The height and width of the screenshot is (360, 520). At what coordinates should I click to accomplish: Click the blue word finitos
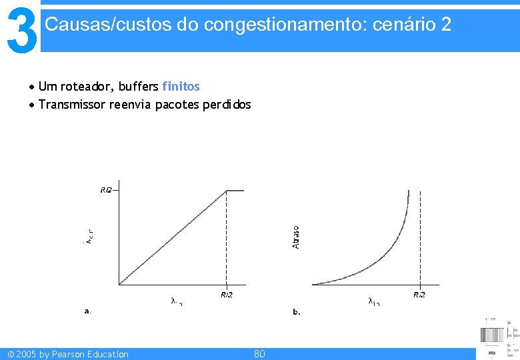coord(181,87)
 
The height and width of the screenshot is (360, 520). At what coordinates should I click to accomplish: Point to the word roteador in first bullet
coord(89,87)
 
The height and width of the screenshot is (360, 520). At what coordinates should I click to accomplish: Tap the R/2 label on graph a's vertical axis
coord(106,190)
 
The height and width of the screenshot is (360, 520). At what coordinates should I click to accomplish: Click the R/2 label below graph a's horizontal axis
coord(227,295)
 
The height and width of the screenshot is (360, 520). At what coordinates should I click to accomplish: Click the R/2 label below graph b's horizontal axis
coord(419,295)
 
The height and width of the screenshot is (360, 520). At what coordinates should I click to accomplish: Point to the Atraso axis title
coord(296,237)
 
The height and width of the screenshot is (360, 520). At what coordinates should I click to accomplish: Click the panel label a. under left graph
coord(87,311)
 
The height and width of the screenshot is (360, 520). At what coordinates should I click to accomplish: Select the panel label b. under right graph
coord(297,311)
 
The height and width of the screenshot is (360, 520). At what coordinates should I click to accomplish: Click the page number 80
coord(259,354)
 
